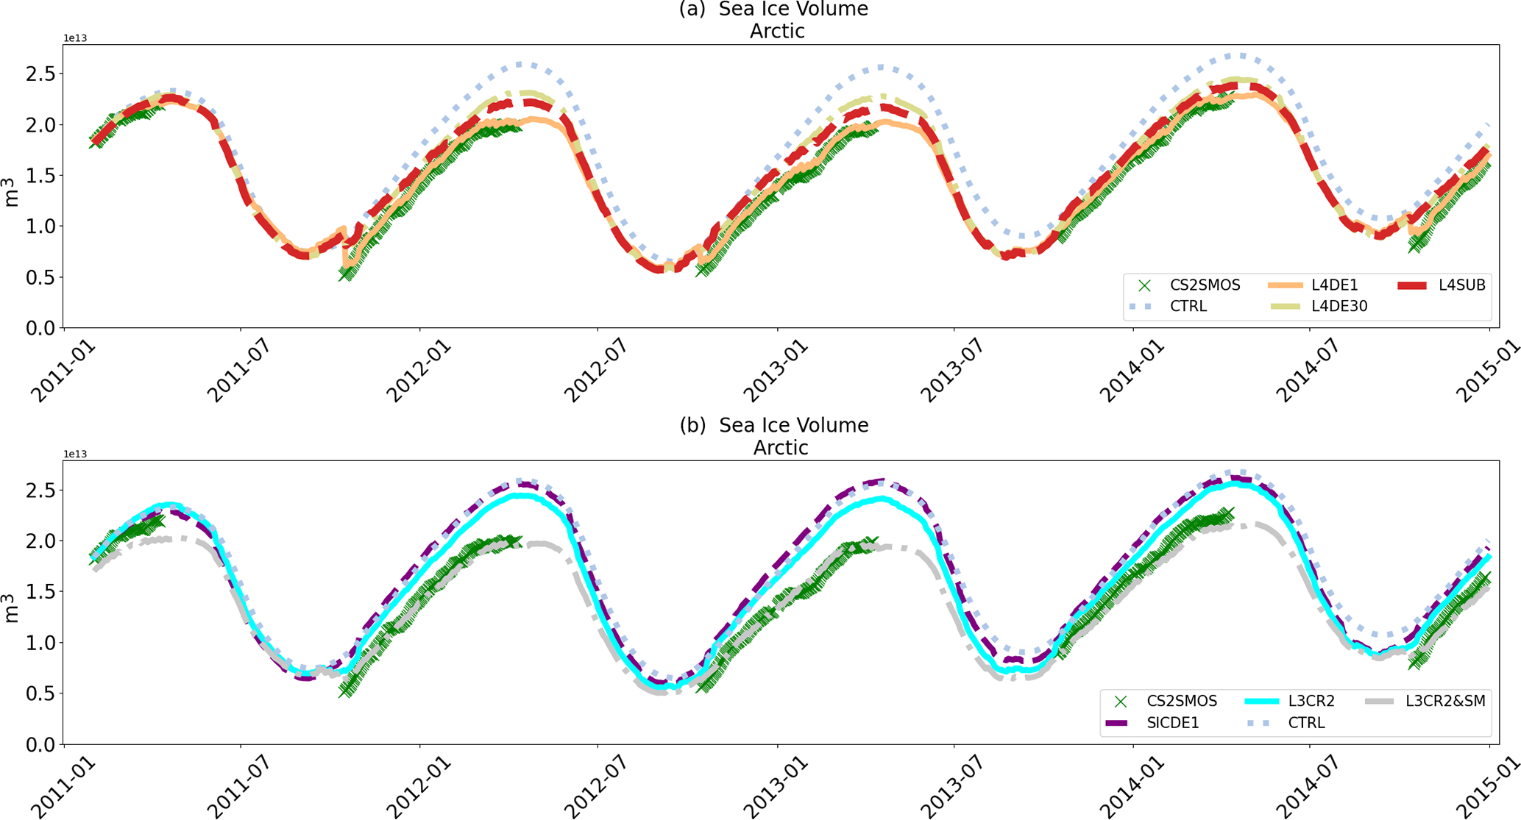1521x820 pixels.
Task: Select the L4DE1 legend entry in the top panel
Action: tap(1334, 285)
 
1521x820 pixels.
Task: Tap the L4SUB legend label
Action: tap(1461, 285)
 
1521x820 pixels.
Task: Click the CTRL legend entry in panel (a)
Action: tap(1188, 306)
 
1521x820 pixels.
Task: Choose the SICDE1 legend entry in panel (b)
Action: tap(1172, 723)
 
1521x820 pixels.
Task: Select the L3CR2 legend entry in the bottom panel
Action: tap(1311, 702)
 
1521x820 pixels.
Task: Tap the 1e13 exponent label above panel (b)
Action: tap(75, 454)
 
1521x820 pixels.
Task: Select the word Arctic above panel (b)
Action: tap(780, 448)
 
